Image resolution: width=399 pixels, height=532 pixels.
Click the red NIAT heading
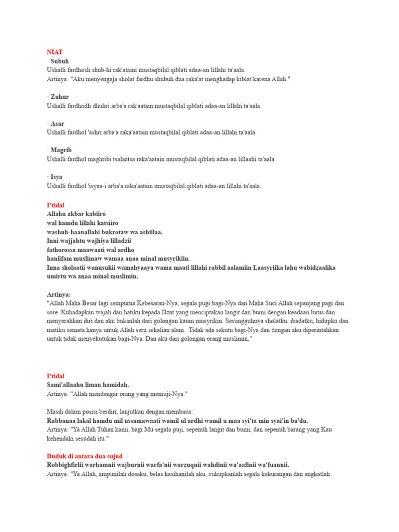(55, 52)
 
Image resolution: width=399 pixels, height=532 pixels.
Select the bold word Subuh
(60, 61)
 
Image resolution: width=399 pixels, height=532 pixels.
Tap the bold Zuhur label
(60, 97)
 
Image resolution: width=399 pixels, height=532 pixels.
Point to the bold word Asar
(57, 124)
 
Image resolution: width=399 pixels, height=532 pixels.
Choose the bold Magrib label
(61, 150)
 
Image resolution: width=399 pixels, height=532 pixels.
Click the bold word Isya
(56, 177)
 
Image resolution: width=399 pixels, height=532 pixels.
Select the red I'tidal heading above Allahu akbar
(56, 205)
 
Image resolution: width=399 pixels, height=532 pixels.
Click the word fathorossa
(62, 250)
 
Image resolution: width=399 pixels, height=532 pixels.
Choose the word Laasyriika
(270, 268)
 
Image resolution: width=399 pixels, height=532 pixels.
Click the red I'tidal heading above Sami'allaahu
(56, 376)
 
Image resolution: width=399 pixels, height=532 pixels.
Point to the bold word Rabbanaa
(62, 421)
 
